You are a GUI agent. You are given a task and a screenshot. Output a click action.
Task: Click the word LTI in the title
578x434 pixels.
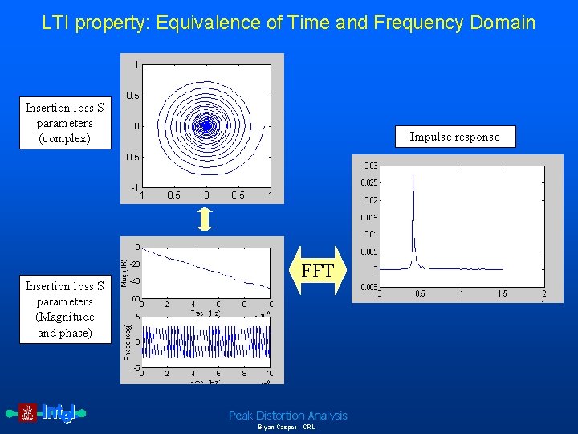point(56,23)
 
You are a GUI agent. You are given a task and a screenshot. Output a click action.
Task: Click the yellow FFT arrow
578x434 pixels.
point(317,272)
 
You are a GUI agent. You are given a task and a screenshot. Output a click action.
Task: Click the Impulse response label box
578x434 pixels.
point(454,137)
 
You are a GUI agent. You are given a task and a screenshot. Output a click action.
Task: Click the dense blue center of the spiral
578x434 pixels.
point(206,125)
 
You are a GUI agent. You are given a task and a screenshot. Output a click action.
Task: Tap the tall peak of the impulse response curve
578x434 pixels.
point(413,178)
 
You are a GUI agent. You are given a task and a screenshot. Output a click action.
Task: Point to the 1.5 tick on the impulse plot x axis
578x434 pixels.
point(503,293)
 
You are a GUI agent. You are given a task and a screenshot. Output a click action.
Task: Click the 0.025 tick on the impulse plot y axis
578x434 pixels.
point(370,182)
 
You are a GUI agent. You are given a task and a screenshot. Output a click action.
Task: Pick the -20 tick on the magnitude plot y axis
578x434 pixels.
point(134,264)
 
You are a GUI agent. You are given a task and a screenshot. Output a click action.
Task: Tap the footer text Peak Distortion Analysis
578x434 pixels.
point(287,416)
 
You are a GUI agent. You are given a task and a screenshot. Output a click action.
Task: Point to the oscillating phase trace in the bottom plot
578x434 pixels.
point(206,342)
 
